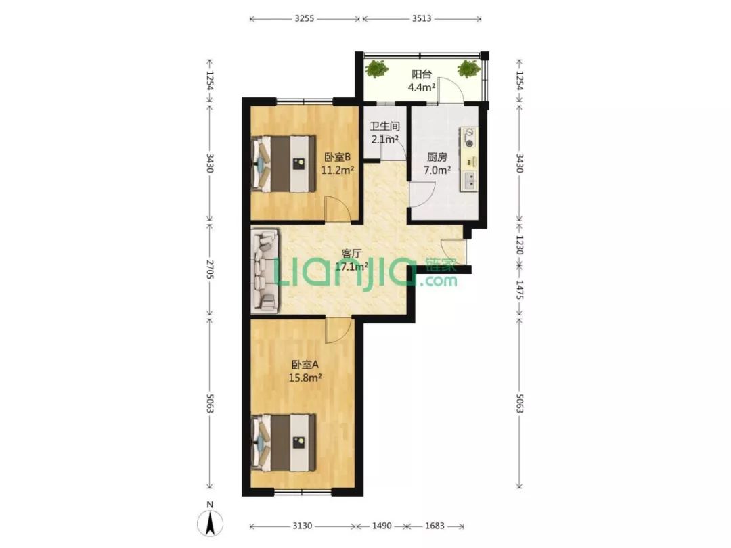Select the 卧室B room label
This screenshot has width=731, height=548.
click(x=338, y=158)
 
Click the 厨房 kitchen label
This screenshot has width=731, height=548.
click(x=437, y=158)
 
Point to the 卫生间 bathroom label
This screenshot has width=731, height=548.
click(x=384, y=127)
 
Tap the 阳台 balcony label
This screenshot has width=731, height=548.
click(x=422, y=74)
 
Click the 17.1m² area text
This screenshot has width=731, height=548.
click(x=351, y=267)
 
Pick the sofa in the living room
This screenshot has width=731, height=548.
click(x=265, y=270)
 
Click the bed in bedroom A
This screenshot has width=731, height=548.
click(x=284, y=443)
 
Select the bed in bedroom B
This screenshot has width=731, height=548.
click(x=284, y=164)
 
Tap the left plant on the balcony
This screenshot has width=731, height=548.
click(x=376, y=69)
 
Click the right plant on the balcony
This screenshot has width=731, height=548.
click(x=468, y=69)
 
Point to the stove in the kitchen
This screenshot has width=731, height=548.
click(x=470, y=137)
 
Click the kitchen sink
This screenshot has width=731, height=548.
click(x=470, y=181)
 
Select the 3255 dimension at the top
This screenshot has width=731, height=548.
click(x=305, y=19)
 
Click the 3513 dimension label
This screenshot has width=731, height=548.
click(x=422, y=19)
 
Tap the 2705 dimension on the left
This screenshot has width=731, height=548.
click(x=209, y=270)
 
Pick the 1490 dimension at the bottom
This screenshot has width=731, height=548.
click(x=381, y=526)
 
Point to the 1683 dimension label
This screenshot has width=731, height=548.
click(x=435, y=526)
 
